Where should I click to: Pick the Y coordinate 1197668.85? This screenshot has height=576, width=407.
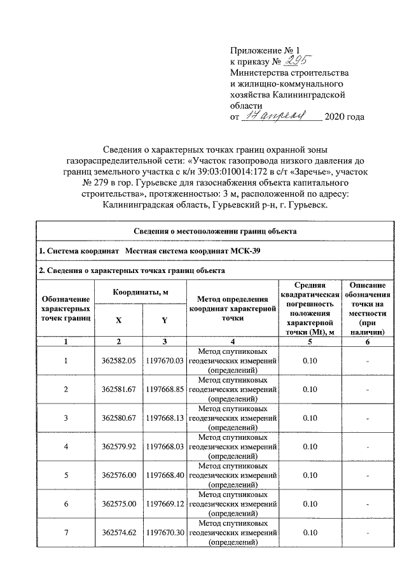point(164,389)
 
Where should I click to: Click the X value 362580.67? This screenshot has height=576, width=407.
point(119,418)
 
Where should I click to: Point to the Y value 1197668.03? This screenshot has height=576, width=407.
point(164,446)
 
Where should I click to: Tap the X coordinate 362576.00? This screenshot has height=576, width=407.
point(119,475)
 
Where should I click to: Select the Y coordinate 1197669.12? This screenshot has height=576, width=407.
point(164,503)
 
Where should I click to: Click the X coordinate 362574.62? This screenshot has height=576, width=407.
point(119,532)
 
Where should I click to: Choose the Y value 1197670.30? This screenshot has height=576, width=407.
point(164,532)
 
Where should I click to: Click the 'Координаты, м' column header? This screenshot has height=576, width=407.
point(141,292)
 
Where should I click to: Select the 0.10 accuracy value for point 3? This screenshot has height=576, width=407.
point(310,418)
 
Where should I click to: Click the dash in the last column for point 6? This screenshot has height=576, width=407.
point(366,503)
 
